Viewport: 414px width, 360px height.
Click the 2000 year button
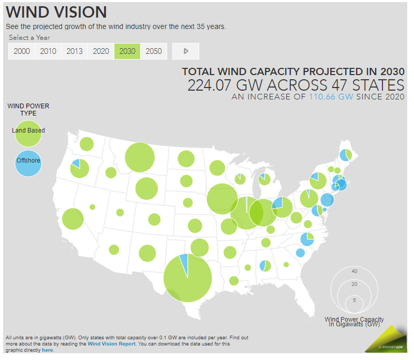22,51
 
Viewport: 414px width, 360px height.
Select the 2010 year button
48,51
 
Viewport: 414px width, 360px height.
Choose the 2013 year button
75,51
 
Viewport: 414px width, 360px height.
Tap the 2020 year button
101,51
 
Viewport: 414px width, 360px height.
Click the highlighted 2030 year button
127,51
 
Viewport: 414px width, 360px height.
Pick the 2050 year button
154,51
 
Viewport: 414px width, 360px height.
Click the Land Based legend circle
29,131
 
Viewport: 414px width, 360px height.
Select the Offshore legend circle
28,161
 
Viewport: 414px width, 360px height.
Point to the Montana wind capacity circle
140,156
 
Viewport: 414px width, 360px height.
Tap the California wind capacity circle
73,219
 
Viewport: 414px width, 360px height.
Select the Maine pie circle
346,154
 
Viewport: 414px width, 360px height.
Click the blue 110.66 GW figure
331,96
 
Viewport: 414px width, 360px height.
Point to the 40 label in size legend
354,271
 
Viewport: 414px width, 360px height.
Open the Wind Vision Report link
111,343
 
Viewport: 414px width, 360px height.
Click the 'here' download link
48,350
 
